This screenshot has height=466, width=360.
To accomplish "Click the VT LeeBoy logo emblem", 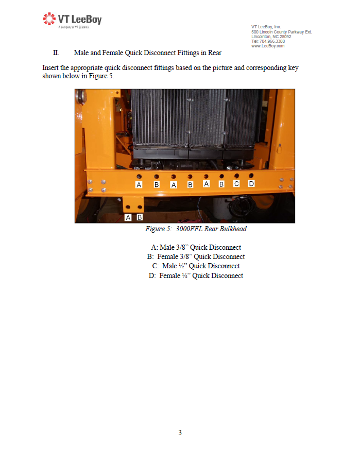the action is click(x=49, y=19).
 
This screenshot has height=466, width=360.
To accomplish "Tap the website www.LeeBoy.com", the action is click(x=268, y=46).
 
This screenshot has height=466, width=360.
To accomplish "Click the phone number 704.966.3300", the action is click(x=272, y=41).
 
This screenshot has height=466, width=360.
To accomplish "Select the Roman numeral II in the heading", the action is click(x=56, y=53).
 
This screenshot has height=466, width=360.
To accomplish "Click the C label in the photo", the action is click(x=236, y=184).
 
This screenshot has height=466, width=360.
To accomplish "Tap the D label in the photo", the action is click(x=251, y=184).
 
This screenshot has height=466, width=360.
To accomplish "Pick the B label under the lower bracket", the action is click(x=140, y=217).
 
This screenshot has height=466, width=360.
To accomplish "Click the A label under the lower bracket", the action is click(x=128, y=217).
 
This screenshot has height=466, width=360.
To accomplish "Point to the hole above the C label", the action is click(x=236, y=176).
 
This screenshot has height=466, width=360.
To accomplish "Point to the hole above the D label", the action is click(x=251, y=176).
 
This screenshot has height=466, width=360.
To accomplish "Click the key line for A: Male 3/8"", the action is click(x=196, y=248).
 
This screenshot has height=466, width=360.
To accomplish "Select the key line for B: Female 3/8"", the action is click(x=196, y=257).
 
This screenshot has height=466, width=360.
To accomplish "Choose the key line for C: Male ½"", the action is click(x=196, y=266).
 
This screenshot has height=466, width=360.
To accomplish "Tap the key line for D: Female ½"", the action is click(x=196, y=276).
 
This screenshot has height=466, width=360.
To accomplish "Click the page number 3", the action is click(x=180, y=433).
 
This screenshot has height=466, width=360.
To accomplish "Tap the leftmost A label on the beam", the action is click(x=139, y=185).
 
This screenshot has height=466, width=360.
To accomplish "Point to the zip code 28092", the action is click(x=285, y=37).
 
